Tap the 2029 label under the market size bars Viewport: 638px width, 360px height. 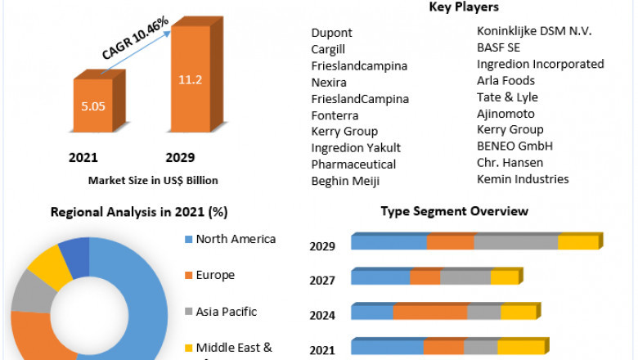[x=180, y=157]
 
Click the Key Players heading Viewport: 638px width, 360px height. [x=464, y=7]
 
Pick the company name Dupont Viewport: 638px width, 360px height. [x=331, y=33]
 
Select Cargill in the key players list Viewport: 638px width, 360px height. [x=330, y=49]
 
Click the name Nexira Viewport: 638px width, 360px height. [x=329, y=82]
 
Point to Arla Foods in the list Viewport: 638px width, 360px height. [x=505, y=80]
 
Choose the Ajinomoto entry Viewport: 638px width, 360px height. [x=505, y=113]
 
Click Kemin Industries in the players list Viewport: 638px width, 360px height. [x=523, y=178]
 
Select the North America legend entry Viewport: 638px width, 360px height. [x=236, y=239]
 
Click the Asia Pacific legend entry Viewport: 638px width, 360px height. [x=227, y=311]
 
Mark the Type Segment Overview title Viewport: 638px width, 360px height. [x=454, y=211]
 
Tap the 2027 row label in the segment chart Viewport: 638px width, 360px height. [x=322, y=280]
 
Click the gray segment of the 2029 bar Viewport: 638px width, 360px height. [x=515, y=242]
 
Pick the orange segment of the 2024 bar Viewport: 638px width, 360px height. [x=430, y=312]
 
